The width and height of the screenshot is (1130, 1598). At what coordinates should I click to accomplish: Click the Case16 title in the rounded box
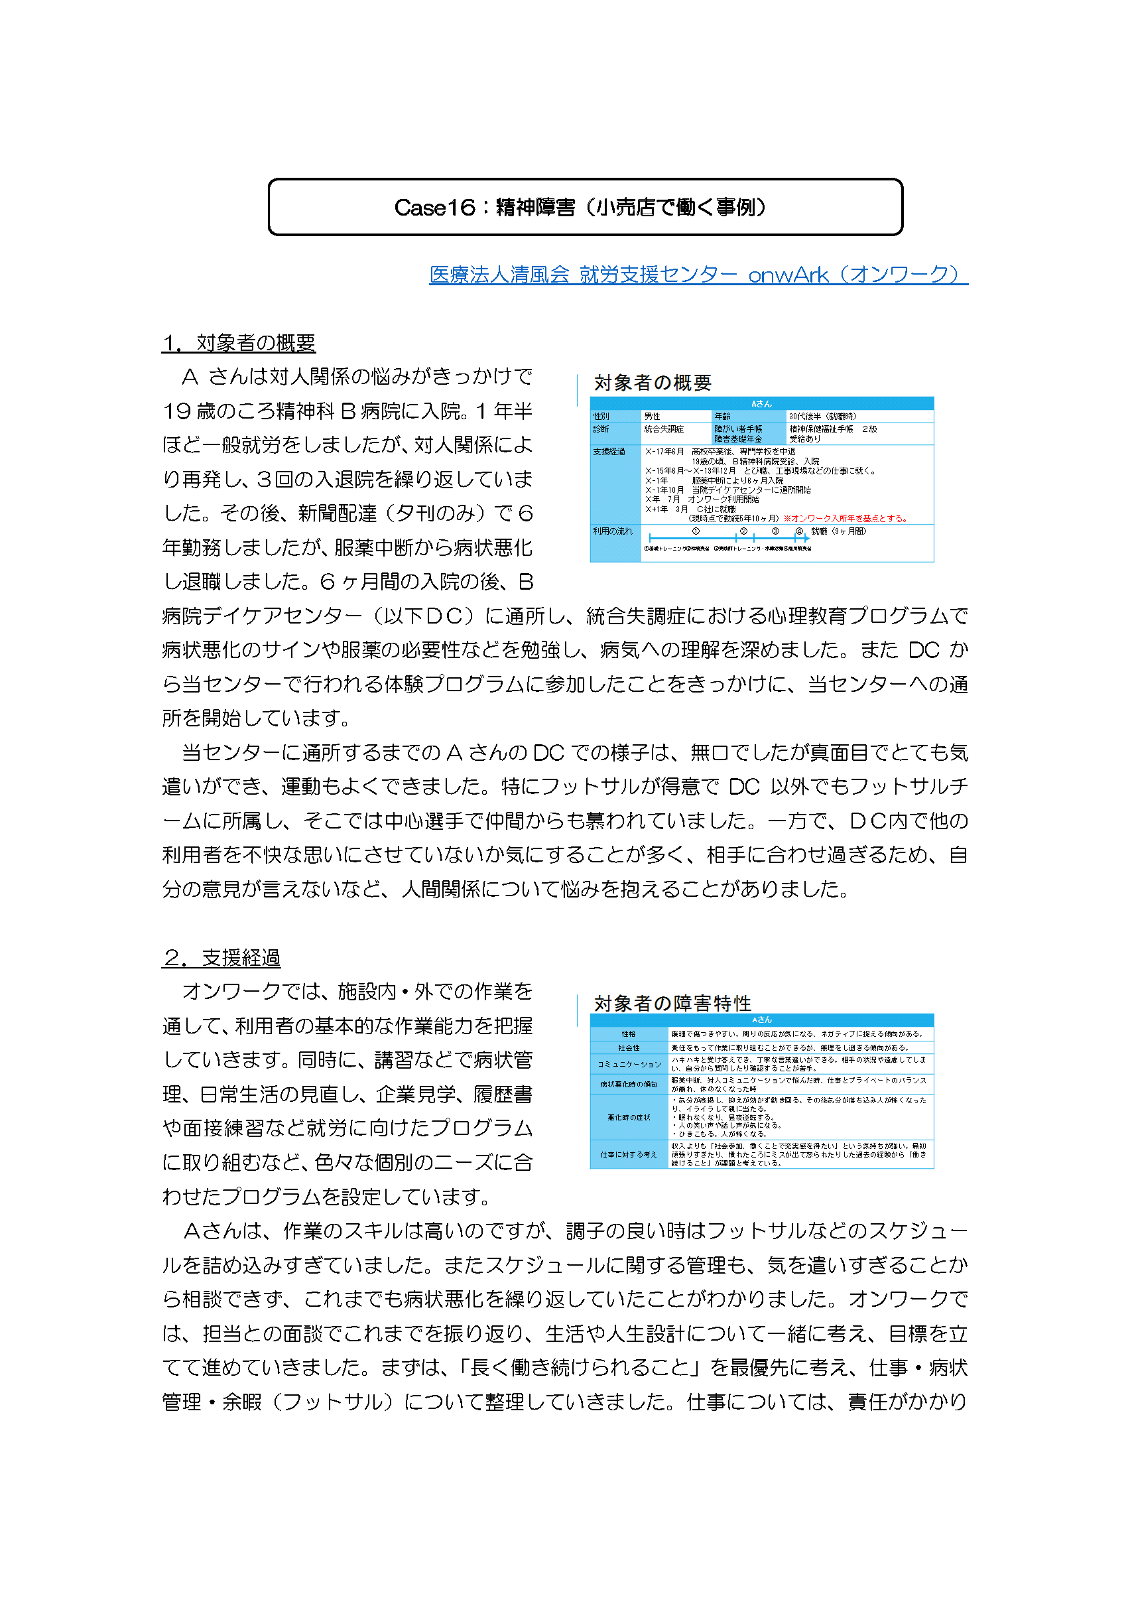584,208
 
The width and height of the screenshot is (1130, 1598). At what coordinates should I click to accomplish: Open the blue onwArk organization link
698,275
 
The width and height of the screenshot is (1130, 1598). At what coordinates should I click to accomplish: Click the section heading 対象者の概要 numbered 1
239,342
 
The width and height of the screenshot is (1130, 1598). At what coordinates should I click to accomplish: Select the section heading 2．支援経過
221,958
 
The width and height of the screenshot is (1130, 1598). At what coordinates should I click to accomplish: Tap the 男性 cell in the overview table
652,416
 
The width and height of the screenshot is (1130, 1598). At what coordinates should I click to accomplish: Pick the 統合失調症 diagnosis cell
664,429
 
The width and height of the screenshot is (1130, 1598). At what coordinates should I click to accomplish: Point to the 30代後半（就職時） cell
822,416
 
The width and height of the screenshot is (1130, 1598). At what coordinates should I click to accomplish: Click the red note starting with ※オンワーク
845,518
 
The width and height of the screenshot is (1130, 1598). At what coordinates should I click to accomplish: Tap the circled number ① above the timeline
695,531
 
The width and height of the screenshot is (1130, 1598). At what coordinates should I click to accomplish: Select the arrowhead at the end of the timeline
806,537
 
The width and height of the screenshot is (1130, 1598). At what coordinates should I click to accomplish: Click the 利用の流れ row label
612,531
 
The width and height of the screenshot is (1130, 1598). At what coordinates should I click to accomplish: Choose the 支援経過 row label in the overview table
609,452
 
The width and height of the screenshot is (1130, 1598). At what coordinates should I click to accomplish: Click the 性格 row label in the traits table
628,1034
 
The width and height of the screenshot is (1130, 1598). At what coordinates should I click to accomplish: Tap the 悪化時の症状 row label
628,1117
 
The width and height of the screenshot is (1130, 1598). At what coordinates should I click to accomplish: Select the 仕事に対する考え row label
628,1154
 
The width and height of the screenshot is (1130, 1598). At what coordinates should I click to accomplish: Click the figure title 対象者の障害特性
672,1003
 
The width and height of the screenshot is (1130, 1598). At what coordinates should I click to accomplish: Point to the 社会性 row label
628,1047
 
